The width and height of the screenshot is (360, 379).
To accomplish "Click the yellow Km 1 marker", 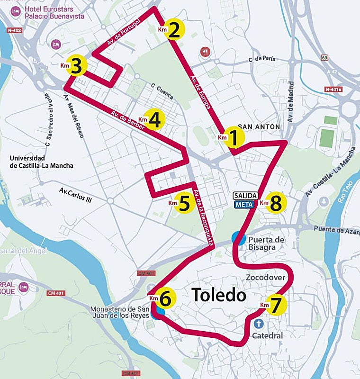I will tap(233, 137).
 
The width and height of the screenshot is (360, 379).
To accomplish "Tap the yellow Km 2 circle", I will tap(174, 30).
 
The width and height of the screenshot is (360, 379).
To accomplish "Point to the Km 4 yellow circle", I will tap(154, 120).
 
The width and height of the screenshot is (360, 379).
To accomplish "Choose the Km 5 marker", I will tap(185, 203).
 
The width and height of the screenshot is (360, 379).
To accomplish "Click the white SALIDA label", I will tap(245, 196).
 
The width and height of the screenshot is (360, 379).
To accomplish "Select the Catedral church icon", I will tap(259, 324).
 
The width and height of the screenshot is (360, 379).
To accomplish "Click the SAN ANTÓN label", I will tap(259, 127).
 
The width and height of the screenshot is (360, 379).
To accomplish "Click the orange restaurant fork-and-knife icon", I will tap(205, 52).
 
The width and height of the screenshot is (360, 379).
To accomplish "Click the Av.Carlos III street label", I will tap(75, 195).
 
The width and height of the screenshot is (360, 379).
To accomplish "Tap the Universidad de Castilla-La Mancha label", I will tap(41, 162).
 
